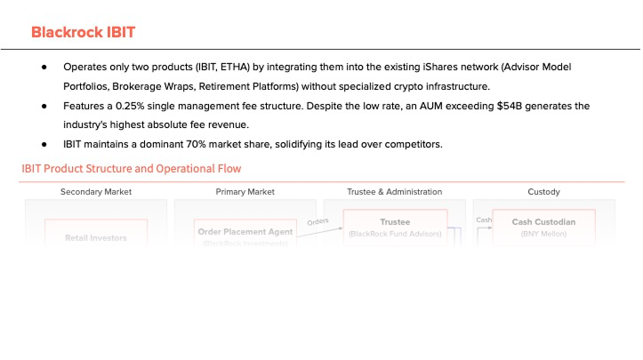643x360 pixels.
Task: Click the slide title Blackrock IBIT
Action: point(83,32)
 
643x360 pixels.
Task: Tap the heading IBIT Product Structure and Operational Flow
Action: point(131,169)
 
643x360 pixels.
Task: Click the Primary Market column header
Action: point(245,191)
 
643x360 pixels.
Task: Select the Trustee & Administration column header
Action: point(394,191)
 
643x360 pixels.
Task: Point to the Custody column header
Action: point(543,191)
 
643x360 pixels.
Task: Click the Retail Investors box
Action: point(96,237)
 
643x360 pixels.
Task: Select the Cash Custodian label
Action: point(543,222)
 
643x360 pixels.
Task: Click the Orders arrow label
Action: point(317,221)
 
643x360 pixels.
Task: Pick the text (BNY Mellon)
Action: point(543,234)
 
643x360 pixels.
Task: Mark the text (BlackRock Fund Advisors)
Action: point(394,234)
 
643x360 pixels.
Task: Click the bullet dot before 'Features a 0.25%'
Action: point(44,107)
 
